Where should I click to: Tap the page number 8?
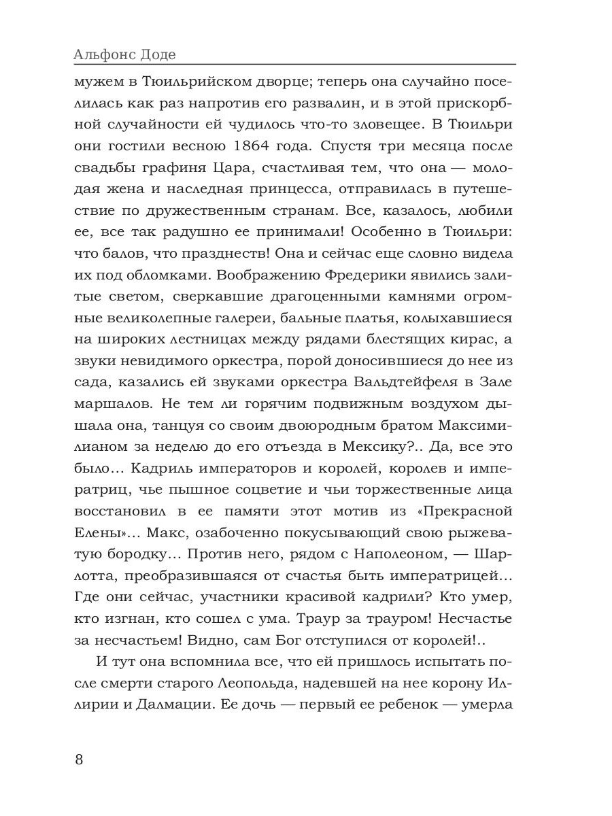79,759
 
